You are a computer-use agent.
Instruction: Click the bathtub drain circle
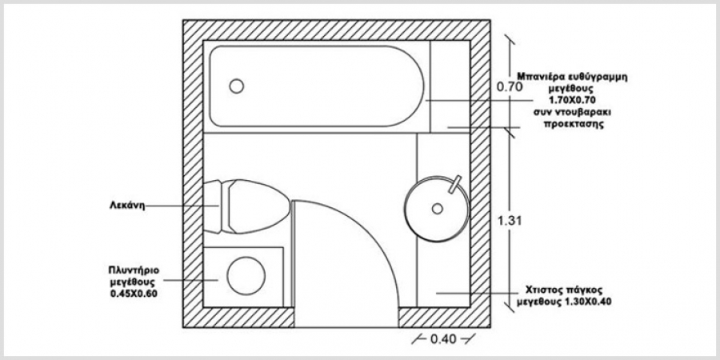tap(237, 86)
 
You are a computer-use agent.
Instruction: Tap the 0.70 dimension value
tap(510, 86)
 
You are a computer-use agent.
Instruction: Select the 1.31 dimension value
tap(510, 221)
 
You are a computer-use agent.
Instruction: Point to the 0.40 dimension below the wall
tap(443, 339)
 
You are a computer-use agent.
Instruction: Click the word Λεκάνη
tap(126, 206)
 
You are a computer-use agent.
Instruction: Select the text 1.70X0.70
tap(572, 100)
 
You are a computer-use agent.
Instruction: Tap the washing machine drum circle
tap(246, 277)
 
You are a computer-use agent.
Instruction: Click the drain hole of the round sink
tap(437, 209)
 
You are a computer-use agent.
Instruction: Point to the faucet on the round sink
tap(454, 184)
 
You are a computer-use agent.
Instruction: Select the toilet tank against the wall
tap(212, 206)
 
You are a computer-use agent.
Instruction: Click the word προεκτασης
tap(573, 125)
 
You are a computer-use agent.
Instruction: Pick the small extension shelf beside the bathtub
tap(450, 86)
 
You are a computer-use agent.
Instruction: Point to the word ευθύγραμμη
tap(599, 76)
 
